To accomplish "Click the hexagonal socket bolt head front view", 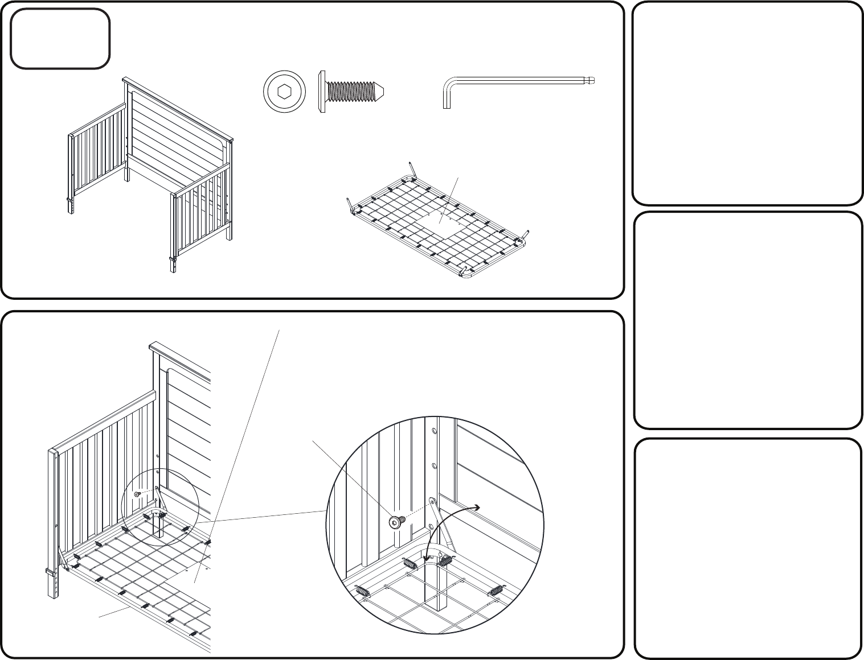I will [284, 91].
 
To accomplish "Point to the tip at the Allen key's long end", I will [593, 81].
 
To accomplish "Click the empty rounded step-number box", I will [60, 39].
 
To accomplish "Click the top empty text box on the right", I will [747, 103].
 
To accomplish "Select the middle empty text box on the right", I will [747, 320].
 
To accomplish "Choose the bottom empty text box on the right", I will [747, 548].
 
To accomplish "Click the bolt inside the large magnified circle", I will [396, 522].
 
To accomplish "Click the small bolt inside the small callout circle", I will [137, 494].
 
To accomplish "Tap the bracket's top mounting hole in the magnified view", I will [432, 501].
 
